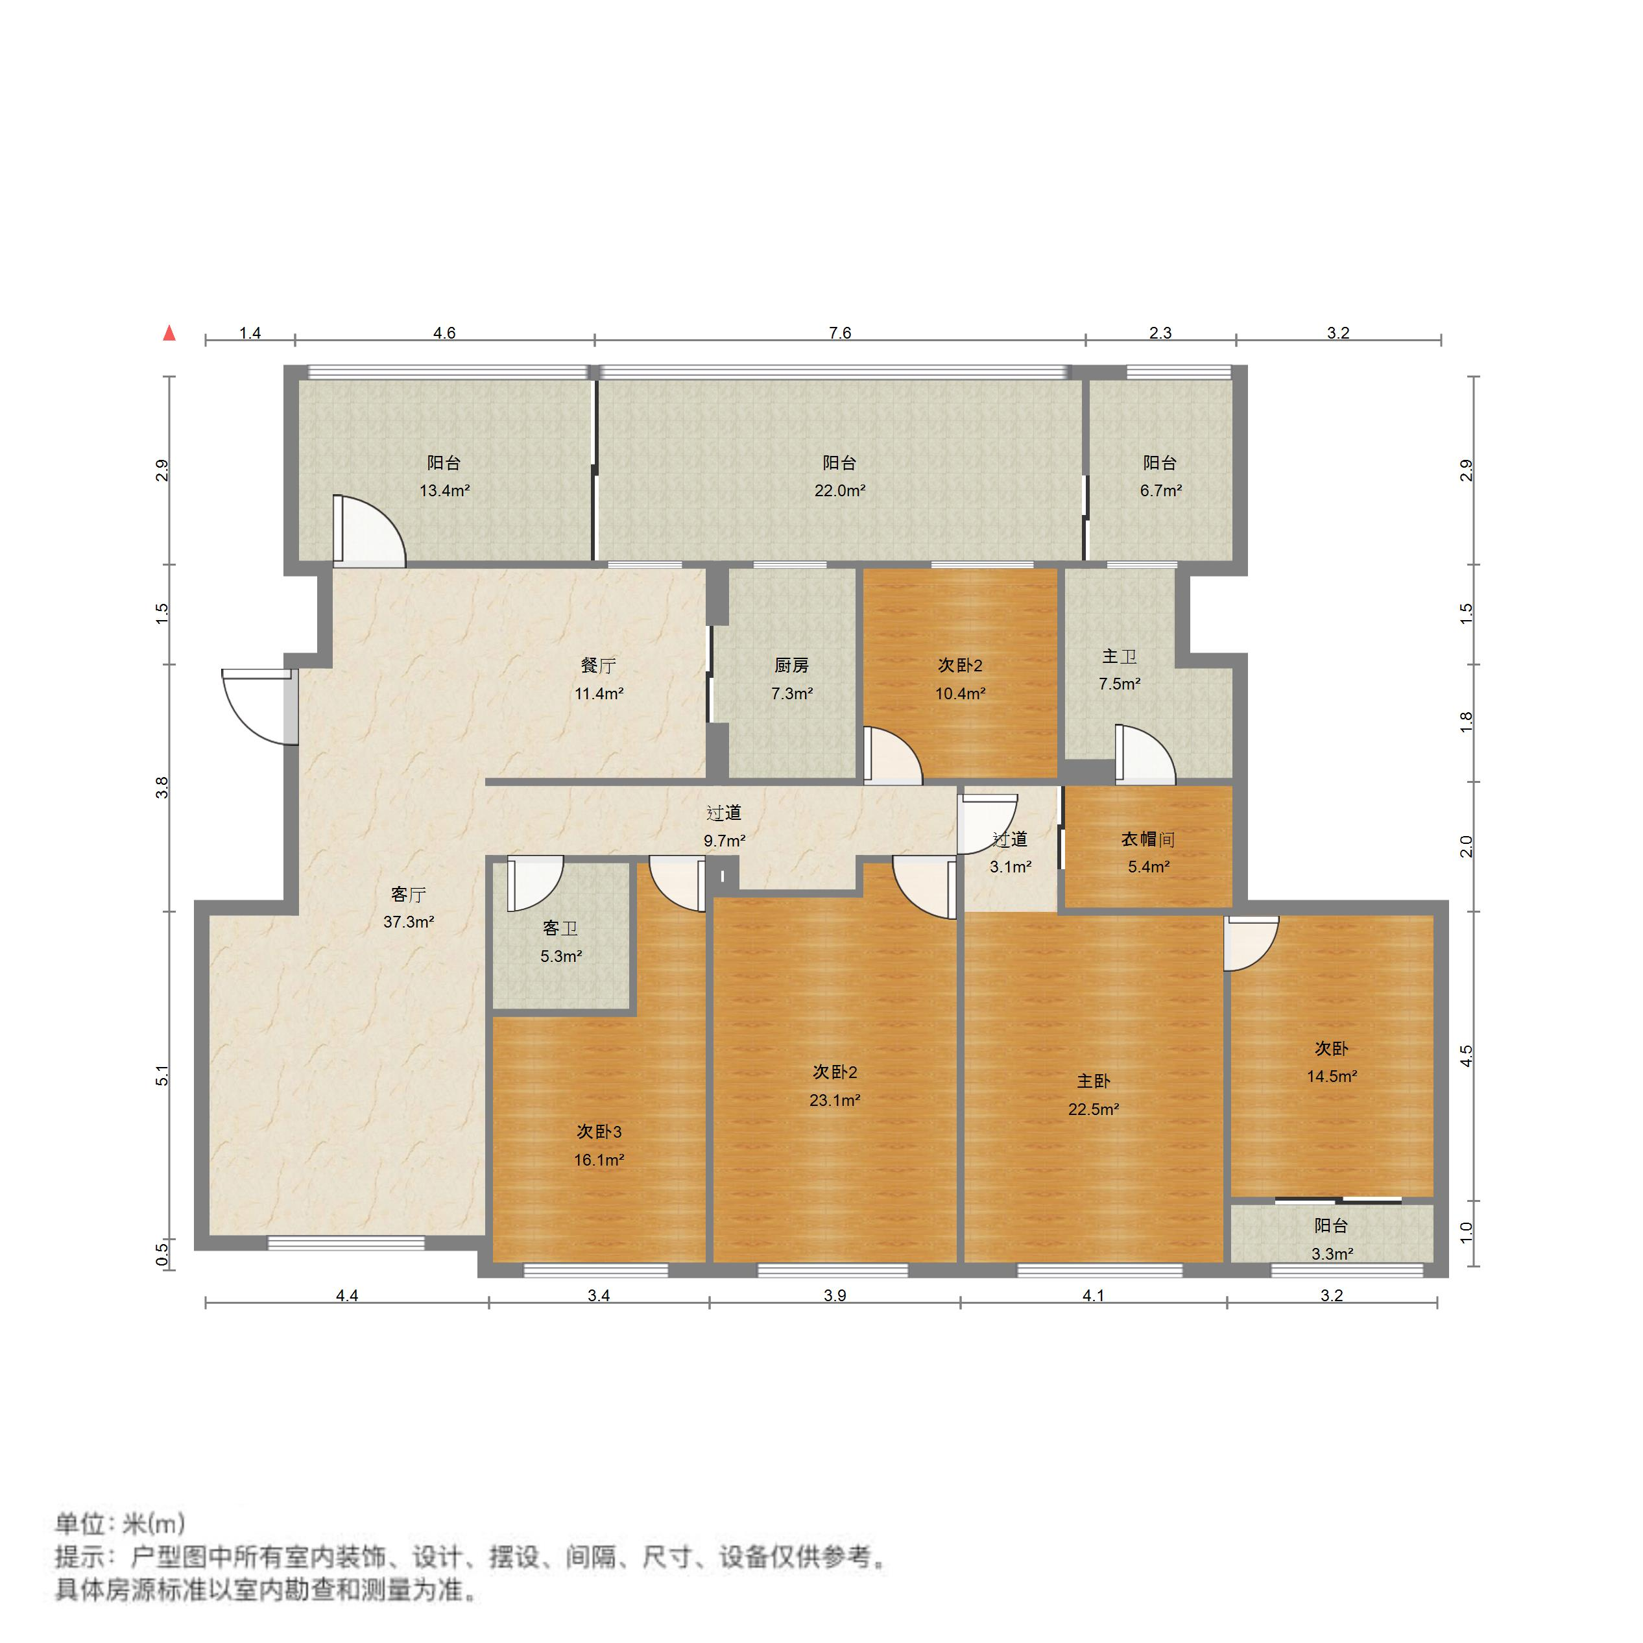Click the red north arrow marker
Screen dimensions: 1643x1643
(169, 333)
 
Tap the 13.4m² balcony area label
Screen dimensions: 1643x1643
(444, 490)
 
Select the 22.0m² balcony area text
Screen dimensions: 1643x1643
(839, 490)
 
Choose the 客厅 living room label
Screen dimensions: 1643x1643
(408, 894)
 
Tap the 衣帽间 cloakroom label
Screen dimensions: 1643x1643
(1147, 839)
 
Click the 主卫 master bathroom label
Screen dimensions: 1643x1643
(1119, 656)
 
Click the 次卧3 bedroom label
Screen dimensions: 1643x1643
(599, 1131)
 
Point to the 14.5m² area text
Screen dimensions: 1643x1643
(1332, 1076)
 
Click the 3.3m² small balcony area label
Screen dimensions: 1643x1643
(1332, 1254)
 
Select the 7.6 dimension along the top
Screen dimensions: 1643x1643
(839, 333)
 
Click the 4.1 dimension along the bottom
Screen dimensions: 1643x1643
(1093, 1295)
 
